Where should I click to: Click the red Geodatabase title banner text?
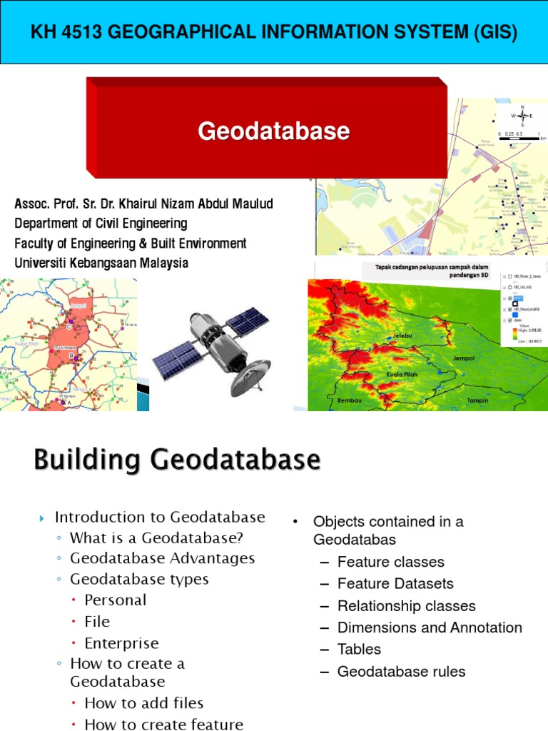(x=274, y=131)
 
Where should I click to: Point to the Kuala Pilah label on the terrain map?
(x=402, y=374)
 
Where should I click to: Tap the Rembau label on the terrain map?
(x=350, y=400)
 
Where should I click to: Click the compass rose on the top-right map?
(x=522, y=116)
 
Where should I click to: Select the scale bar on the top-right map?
(x=522, y=138)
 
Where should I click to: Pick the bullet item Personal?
(x=115, y=600)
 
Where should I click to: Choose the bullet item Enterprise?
(x=121, y=642)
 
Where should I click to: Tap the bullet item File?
(x=97, y=621)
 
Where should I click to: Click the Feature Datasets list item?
(x=395, y=583)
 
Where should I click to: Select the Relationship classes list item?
(x=406, y=605)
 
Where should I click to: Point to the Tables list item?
(x=359, y=649)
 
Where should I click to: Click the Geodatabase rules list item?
(x=401, y=671)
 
